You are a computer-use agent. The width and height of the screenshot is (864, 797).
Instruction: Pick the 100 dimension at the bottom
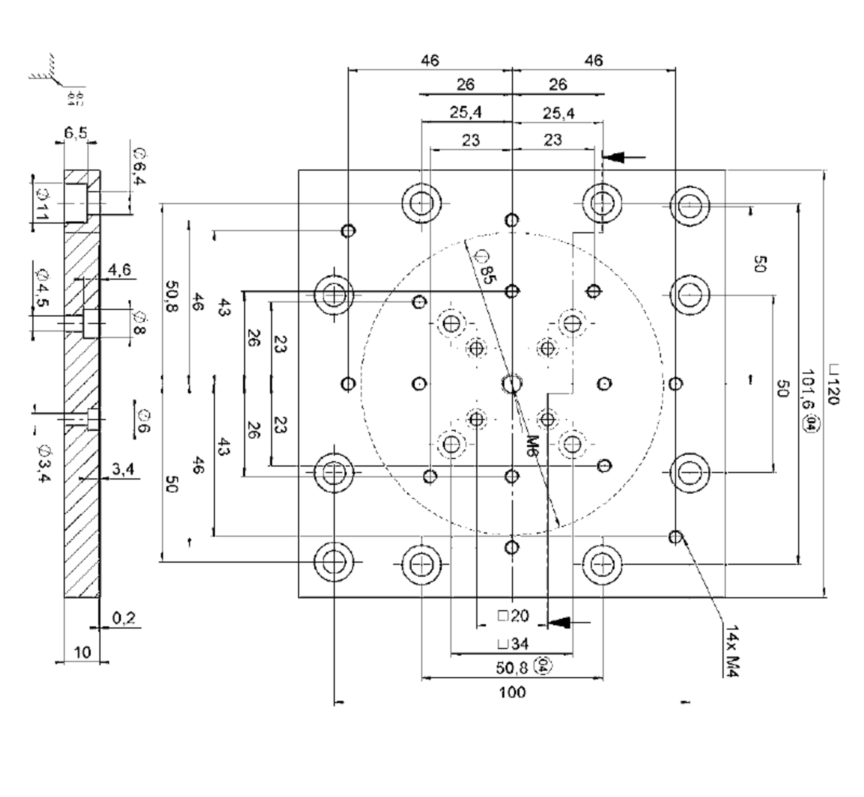pyautogui.click(x=512, y=692)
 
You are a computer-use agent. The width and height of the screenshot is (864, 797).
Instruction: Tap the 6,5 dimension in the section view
pyautogui.click(x=75, y=133)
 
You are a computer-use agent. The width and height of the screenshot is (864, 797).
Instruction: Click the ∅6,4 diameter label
pyautogui.click(x=139, y=166)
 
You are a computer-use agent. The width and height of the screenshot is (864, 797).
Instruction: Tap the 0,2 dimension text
pyautogui.click(x=124, y=618)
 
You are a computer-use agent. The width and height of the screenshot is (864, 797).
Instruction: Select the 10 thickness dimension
pyautogui.click(x=82, y=652)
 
